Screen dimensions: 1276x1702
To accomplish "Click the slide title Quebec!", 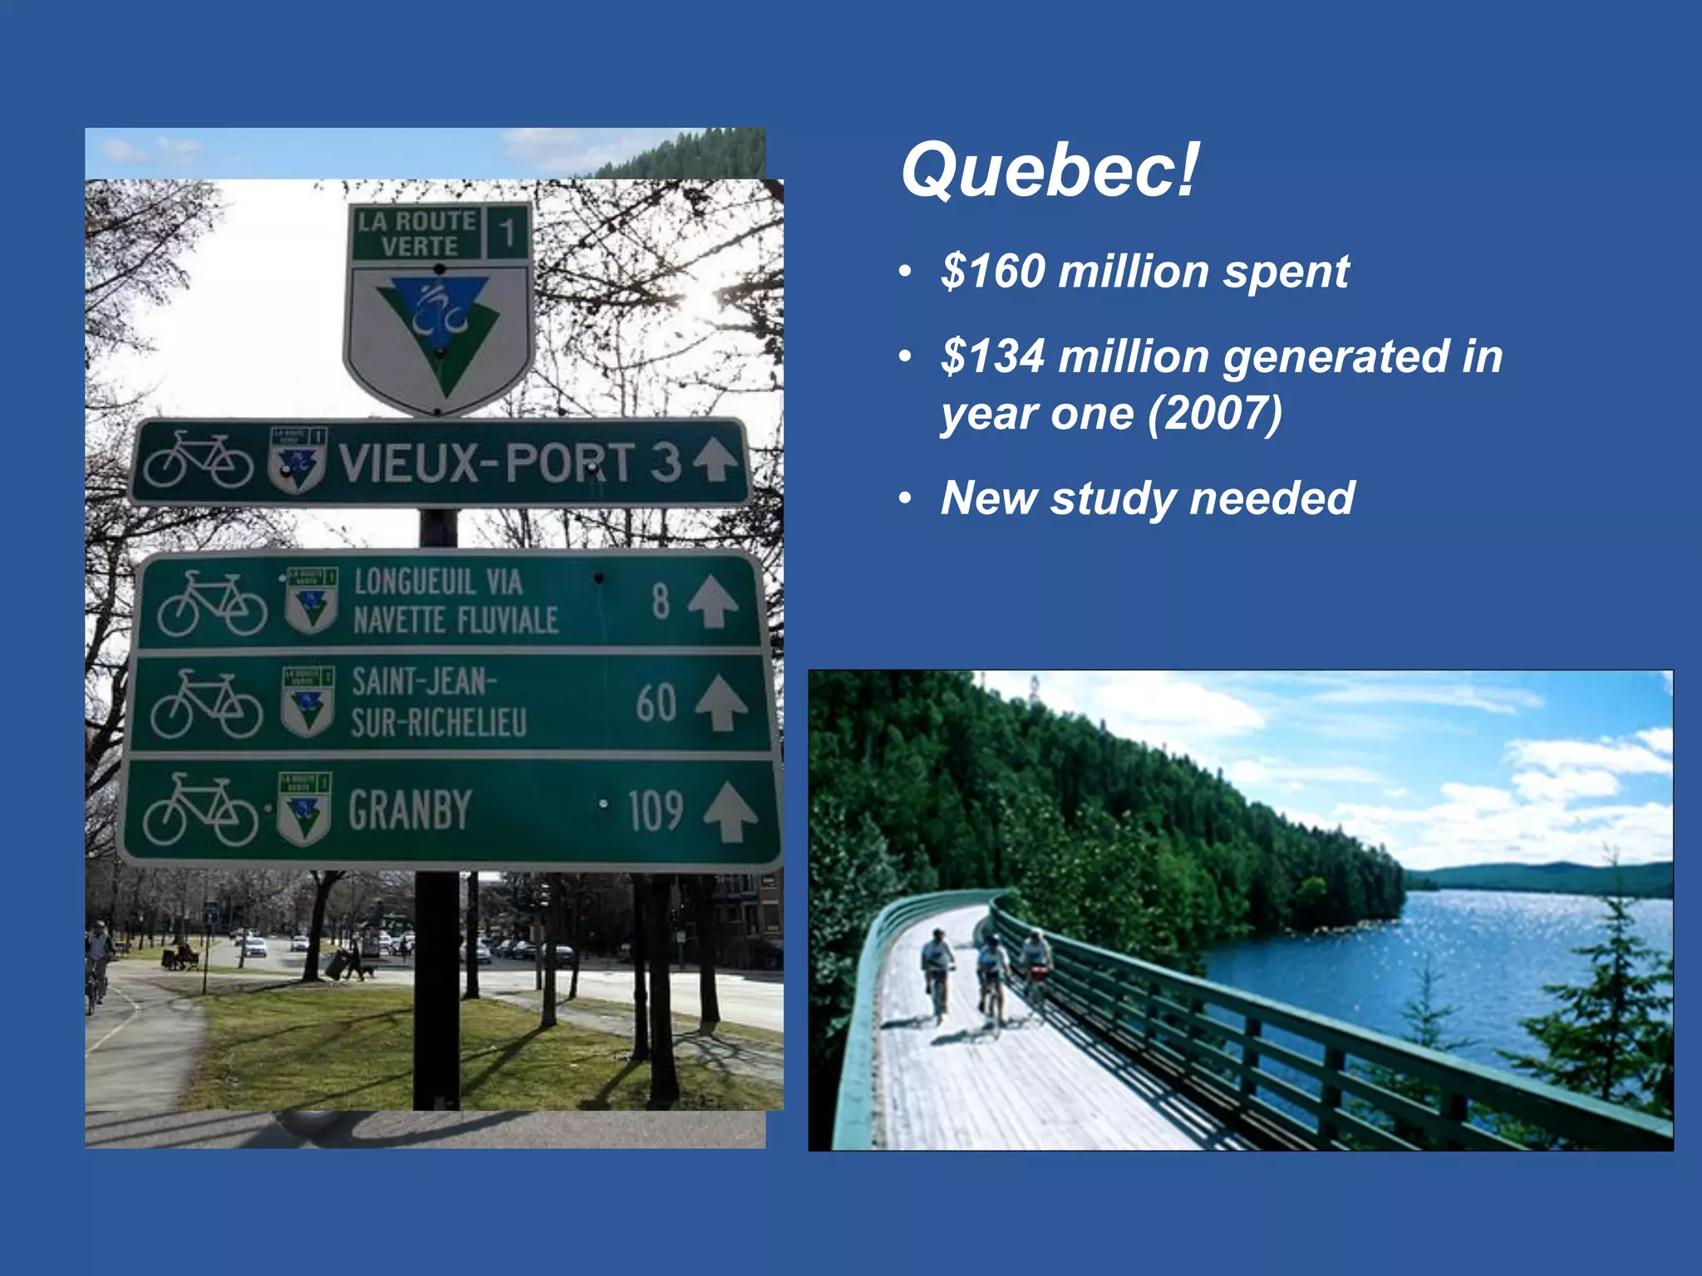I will pos(1049,170).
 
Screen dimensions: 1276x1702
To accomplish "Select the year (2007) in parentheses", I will pos(1215,414).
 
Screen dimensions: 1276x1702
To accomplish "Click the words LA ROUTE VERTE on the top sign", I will pos(416,233).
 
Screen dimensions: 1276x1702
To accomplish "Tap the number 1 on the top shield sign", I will pos(506,232).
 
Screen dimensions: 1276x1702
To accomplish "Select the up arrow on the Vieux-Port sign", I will pos(716,459).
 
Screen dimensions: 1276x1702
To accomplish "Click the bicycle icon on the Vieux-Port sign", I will pos(198,460).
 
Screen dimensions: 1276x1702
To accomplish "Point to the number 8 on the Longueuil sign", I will pos(661,601).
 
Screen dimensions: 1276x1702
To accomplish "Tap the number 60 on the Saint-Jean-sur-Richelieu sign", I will pos(656,703).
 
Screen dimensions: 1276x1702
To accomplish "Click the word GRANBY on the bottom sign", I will pos(410,810).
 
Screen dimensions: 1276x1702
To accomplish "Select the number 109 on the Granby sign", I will pos(655,811).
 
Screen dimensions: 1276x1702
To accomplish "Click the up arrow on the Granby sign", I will pos(730,811).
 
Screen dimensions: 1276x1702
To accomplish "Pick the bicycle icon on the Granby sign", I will pos(199,811).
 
